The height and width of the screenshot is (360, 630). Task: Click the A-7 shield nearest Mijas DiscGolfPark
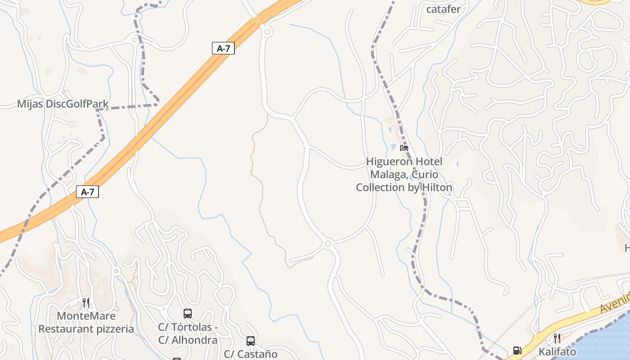87,192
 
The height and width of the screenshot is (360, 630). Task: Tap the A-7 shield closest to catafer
223,48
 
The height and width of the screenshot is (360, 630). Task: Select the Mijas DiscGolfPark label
63,104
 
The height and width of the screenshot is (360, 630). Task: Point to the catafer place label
443,9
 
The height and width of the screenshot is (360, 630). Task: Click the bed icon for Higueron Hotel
404,148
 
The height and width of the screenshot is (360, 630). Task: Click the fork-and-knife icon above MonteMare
86,302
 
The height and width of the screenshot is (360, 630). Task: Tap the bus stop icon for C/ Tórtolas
188,313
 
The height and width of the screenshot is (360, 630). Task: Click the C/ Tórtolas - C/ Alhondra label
188,333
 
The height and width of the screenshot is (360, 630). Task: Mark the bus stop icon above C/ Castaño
251,341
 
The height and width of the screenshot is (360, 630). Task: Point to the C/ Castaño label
251,354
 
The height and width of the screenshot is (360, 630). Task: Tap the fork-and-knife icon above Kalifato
557,338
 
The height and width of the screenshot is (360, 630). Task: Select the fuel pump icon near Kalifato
517,350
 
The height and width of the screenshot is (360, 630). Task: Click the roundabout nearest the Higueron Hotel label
328,244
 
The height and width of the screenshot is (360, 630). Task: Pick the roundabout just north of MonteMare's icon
116,271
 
